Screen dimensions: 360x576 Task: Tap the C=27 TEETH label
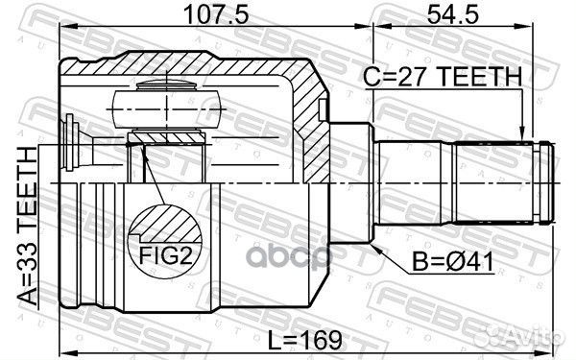click(444, 77)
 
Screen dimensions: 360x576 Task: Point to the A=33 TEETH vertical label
click(26, 228)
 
